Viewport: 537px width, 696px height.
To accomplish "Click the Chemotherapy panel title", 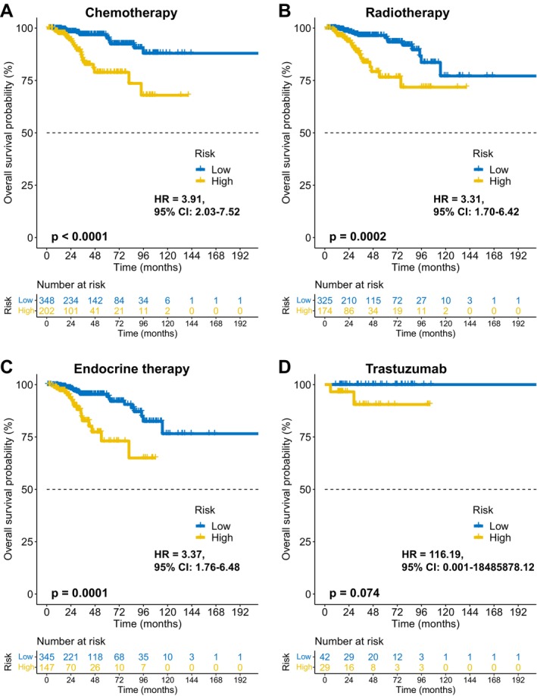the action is click(x=131, y=12).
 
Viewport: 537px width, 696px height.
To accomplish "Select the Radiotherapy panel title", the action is click(x=407, y=12).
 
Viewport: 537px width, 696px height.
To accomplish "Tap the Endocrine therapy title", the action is click(x=131, y=369).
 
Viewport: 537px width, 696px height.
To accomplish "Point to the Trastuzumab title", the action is click(x=406, y=368).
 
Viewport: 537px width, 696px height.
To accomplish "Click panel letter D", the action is click(x=284, y=367).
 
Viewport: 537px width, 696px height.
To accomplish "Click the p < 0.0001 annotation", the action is click(x=80, y=237).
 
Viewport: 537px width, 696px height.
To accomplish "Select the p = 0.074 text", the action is click(x=354, y=593).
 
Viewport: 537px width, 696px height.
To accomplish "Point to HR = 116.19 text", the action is click(x=432, y=554).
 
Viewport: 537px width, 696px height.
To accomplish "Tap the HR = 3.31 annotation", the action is click(x=458, y=199).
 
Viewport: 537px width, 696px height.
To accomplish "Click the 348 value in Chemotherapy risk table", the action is click(x=46, y=300).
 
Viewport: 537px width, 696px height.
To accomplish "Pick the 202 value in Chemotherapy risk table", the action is click(x=46, y=311).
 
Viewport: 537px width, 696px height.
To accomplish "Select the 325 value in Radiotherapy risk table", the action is click(x=325, y=300).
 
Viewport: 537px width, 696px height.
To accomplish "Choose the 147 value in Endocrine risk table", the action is click(x=46, y=668).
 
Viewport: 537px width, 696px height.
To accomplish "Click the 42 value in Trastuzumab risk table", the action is click(x=325, y=657).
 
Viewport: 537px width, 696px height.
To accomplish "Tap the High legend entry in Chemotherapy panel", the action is click(x=214, y=181).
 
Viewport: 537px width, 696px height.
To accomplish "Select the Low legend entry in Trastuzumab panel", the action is click(x=491, y=526).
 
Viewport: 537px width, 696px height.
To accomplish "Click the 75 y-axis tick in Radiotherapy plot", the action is click(x=305, y=80).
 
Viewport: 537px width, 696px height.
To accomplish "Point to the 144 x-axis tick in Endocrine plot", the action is click(x=192, y=612).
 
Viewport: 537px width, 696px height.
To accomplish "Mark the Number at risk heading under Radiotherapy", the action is click(x=349, y=284).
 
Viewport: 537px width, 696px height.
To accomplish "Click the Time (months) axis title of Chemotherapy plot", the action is click(x=147, y=267).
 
